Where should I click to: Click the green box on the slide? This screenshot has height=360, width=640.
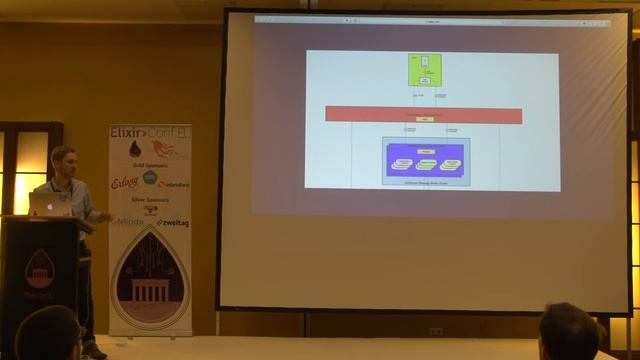click(x=425, y=70)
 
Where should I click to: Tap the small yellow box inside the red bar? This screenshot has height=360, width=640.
click(x=424, y=119)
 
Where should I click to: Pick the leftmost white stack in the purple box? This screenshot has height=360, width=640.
click(x=403, y=162)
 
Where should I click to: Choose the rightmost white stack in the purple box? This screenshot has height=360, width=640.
click(x=451, y=162)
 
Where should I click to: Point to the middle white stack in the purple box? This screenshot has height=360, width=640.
click(x=427, y=164)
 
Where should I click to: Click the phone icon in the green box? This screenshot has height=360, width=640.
click(x=425, y=62)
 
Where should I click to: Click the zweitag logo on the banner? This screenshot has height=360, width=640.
click(x=173, y=222)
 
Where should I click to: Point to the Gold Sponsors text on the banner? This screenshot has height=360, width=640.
click(x=150, y=164)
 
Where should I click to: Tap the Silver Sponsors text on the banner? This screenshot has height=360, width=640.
click(x=150, y=200)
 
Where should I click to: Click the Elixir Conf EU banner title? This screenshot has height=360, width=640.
click(x=150, y=132)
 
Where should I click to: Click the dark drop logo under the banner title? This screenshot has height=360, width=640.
click(x=135, y=149)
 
